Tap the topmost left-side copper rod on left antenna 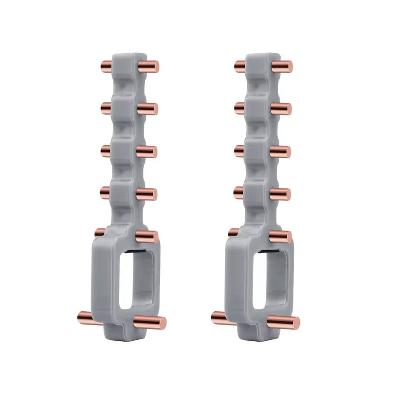coord(106,66)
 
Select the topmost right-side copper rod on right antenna coord(282,66)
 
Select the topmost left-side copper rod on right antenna coord(240,66)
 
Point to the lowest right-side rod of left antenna coord(150,323)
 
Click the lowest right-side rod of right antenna coord(284,323)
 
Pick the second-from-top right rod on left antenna coord(147,109)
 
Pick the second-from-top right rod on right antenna coord(281,109)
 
